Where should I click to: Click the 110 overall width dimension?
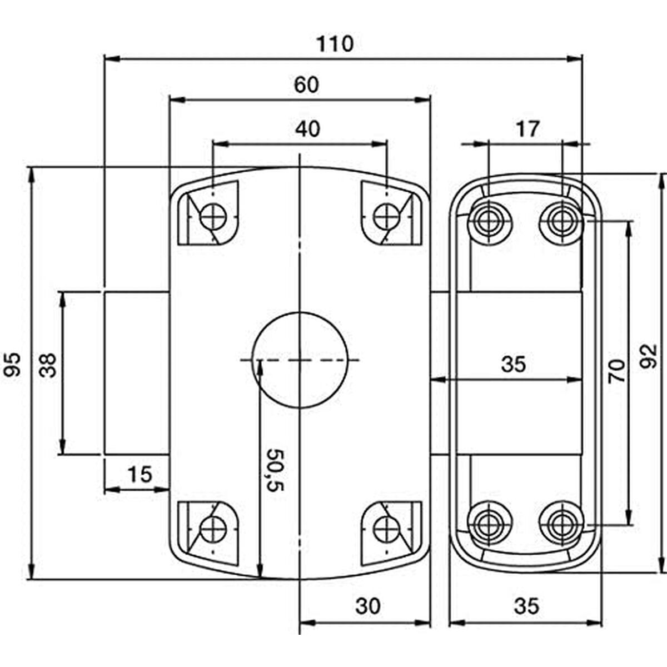pos(335,43)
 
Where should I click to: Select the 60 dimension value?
pos(306,85)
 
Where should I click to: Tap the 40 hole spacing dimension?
pos(307,128)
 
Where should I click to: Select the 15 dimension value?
pos(139,475)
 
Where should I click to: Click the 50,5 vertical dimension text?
pos(276,470)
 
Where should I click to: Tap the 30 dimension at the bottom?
pos(368,606)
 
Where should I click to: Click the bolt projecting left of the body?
pos(136,372)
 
